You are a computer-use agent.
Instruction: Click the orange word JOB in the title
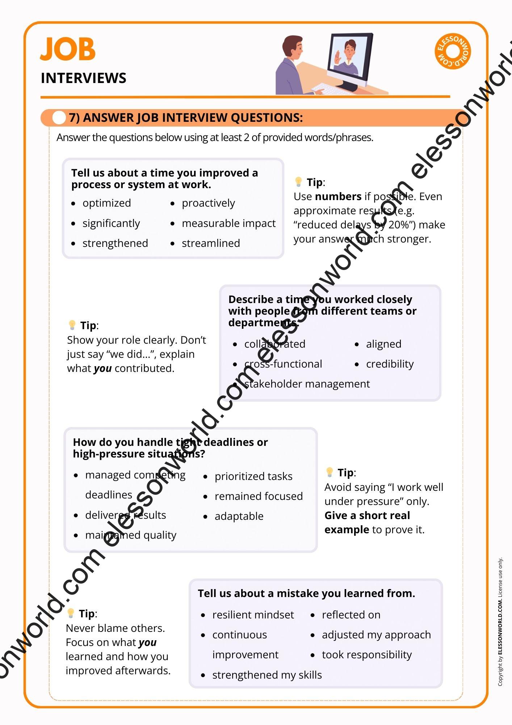pos(68,49)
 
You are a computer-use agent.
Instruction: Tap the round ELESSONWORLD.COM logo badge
pos(453,51)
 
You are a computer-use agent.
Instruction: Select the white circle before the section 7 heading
pos(59,118)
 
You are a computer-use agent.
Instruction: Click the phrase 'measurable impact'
pos(228,223)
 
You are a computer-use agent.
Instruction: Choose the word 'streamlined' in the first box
pos(211,243)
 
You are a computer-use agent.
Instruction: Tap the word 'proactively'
pos(208,203)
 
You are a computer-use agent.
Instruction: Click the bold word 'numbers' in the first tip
pos(338,196)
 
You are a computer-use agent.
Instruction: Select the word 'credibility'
pos(390,364)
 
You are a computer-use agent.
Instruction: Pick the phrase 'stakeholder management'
pos(307,384)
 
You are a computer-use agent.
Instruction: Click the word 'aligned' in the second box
pos(383,344)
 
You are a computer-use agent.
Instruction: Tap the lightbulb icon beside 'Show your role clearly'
pos(72,325)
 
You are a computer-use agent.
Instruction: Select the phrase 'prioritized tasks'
pos(253,476)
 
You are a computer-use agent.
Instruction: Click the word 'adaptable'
pos(239,516)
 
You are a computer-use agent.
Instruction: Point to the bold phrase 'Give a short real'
pos(367,515)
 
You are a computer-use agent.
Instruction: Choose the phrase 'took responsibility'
pos(367,655)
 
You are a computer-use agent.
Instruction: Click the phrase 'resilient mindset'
pos(253,615)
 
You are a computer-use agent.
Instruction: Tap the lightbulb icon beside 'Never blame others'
pos(71,613)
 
